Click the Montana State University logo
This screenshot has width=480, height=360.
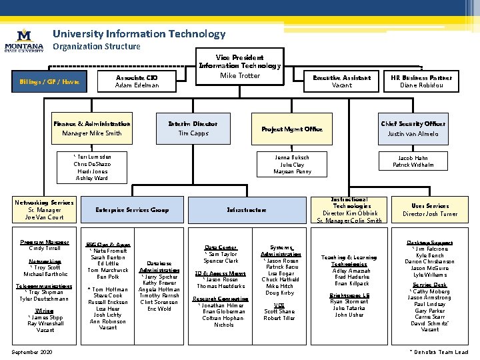(24, 39)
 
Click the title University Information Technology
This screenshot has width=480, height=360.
(139, 33)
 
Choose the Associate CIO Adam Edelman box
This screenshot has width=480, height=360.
(137, 81)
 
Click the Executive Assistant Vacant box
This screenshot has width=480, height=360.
(341, 81)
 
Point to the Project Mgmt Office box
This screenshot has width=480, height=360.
(292, 129)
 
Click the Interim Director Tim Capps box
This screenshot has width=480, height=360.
(193, 129)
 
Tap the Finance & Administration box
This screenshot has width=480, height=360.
(92, 129)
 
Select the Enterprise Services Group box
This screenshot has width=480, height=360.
(133, 210)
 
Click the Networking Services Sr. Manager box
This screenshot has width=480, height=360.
(44, 210)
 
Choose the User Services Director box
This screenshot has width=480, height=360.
(430, 210)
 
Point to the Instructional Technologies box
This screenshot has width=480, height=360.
(349, 210)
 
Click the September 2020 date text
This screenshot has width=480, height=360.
(33, 352)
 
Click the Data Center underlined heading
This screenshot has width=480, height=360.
(221, 247)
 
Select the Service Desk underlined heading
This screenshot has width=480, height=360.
(430, 285)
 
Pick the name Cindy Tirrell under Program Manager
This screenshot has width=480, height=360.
(45, 249)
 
